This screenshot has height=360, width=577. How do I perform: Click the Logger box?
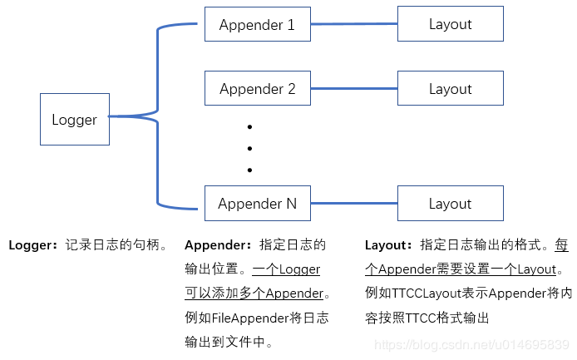[75, 120]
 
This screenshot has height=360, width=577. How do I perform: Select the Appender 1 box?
[258, 24]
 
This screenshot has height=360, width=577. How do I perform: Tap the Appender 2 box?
[258, 89]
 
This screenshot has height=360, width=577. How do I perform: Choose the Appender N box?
[258, 204]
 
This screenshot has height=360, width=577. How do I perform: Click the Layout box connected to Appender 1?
[450, 24]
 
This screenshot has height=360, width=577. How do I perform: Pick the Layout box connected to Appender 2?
[450, 89]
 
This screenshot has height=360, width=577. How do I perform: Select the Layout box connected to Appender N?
[450, 204]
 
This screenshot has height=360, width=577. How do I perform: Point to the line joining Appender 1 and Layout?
[354, 25]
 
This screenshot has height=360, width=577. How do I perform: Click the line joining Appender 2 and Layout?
[354, 89]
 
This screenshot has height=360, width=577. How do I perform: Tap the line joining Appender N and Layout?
[354, 204]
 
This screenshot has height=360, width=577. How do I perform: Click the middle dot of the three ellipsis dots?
[249, 149]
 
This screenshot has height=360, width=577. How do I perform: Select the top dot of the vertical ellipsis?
[249, 127]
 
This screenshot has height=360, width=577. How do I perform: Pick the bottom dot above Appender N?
[249, 170]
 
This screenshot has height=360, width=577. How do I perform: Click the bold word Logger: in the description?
[33, 245]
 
